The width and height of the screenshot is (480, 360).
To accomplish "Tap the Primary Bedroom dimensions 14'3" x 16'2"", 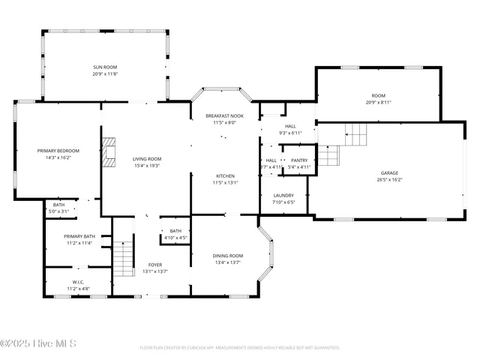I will [58, 158].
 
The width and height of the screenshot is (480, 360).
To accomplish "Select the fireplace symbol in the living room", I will [109, 151].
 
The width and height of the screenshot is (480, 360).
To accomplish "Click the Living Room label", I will [147, 159].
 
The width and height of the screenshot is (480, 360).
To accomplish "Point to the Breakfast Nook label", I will [224, 115].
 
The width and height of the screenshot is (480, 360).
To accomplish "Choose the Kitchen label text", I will [226, 175].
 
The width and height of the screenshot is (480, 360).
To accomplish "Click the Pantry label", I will [299, 160].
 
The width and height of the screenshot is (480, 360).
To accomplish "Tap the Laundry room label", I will [283, 195].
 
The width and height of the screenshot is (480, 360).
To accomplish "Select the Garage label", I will [389, 172].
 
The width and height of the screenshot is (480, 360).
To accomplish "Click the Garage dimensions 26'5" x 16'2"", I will [389, 180].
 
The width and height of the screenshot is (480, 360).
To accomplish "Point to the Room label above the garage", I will [379, 95].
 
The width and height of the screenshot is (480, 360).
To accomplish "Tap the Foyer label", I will [154, 265].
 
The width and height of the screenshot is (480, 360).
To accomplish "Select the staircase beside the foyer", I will [123, 258].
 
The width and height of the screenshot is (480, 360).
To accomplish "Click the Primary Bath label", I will [79, 236].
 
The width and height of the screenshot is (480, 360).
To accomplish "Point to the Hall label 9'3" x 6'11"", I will [289, 126].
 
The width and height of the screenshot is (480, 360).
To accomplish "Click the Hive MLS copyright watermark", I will [39, 344].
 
